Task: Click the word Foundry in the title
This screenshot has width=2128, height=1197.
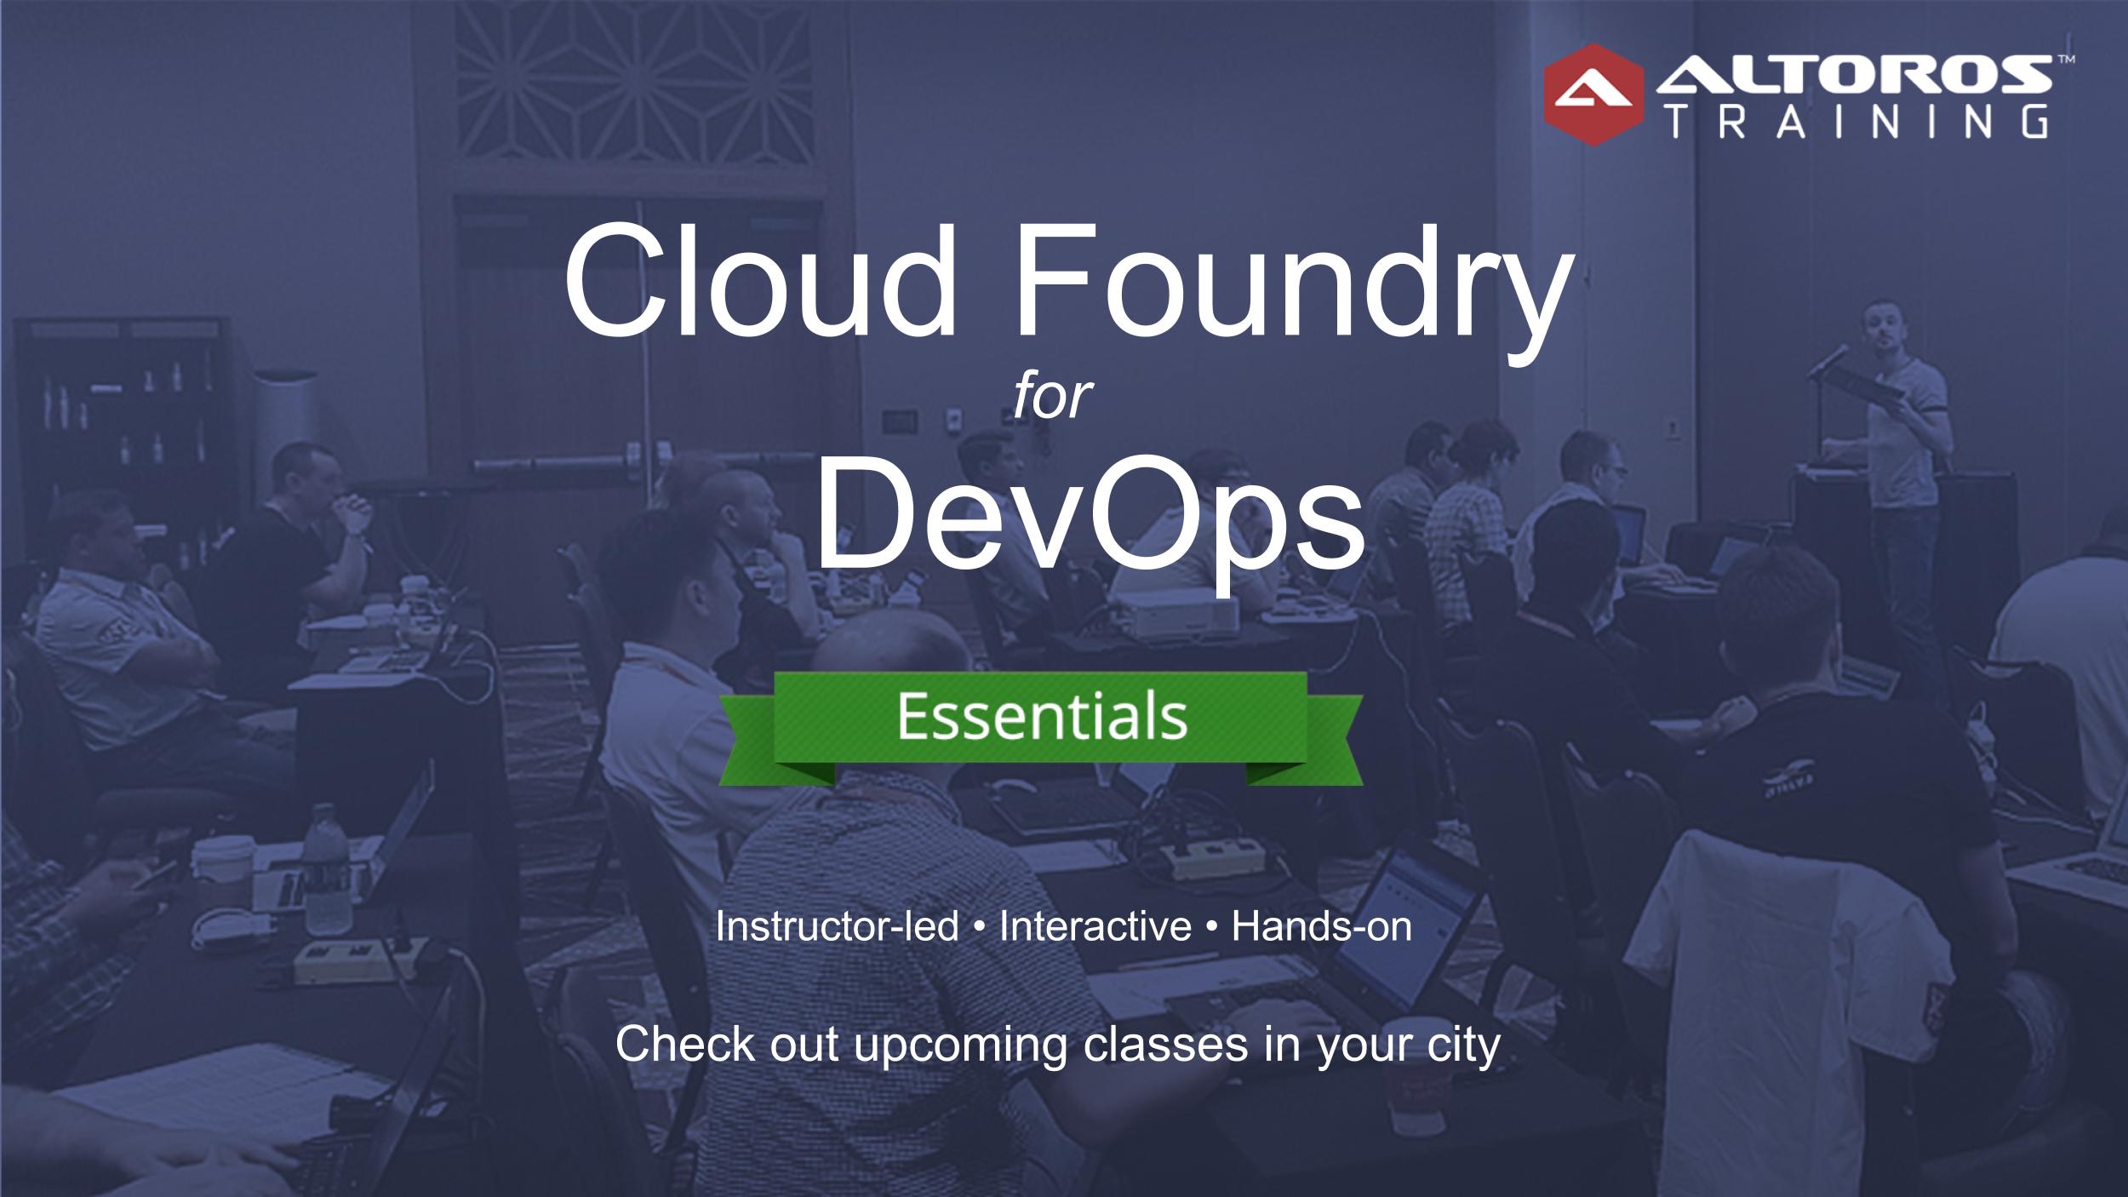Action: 1285,289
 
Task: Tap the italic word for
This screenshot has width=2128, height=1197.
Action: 1052,397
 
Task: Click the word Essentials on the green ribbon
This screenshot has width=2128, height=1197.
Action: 1041,717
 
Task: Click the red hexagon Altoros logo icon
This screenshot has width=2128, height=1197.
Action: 1593,94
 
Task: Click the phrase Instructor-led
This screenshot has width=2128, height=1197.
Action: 838,926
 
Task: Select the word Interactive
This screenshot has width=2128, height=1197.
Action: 1095,926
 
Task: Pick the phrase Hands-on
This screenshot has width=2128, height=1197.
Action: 1322,926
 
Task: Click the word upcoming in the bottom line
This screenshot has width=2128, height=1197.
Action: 960,1045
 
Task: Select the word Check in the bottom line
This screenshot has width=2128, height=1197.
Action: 685,1044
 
